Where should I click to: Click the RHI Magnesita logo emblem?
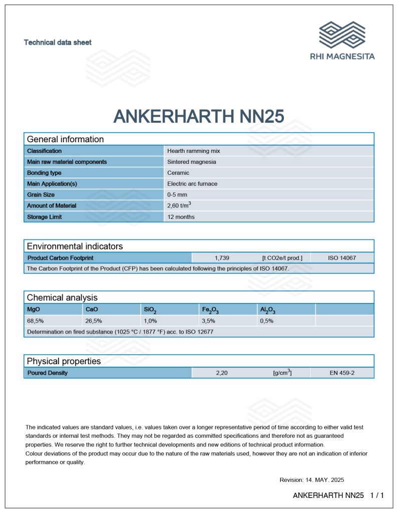(342, 35)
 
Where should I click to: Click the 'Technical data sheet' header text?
(58, 43)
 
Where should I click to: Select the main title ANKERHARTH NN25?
(199, 116)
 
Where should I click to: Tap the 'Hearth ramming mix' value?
(193, 151)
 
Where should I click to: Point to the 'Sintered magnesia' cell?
(191, 162)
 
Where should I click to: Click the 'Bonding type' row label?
(44, 173)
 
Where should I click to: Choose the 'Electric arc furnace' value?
(192, 184)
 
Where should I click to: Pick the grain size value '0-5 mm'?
(178, 195)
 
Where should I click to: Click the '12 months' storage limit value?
(181, 217)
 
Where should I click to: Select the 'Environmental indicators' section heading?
(75, 246)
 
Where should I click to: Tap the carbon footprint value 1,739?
(222, 258)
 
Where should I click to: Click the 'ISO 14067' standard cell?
(342, 258)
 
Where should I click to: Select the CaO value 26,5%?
(94, 321)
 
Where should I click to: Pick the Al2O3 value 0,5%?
(266, 321)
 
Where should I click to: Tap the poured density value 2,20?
(222, 373)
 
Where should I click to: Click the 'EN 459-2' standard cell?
(342, 373)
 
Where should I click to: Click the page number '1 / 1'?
(376, 495)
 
